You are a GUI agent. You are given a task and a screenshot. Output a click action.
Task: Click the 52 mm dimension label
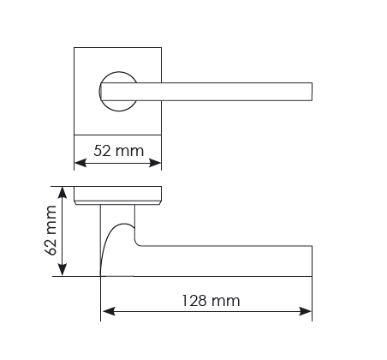click(118, 151)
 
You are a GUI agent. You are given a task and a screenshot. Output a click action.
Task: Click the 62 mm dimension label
click(51, 231)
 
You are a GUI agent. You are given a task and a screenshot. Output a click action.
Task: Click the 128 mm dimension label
click(211, 301)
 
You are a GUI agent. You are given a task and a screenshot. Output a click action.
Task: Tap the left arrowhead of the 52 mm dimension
click(80, 163)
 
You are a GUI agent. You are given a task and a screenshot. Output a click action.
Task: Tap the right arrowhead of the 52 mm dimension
click(155, 163)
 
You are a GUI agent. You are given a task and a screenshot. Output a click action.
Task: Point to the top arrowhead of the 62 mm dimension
click(63, 192)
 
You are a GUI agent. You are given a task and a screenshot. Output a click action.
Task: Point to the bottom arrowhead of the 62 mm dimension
click(63, 270)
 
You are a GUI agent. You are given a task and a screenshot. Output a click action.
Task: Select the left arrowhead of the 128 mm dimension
click(108, 311)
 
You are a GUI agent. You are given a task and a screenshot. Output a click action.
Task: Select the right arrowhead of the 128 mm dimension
click(305, 311)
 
